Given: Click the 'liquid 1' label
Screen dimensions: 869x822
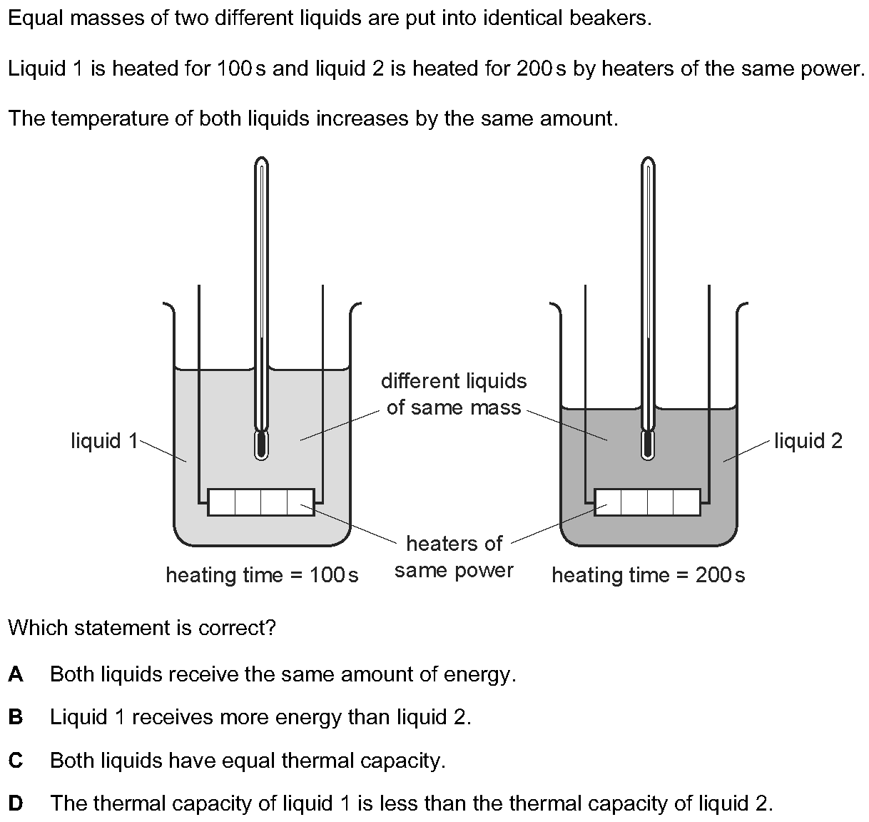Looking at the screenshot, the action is (x=104, y=441).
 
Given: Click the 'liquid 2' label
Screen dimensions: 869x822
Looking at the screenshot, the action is (x=808, y=441).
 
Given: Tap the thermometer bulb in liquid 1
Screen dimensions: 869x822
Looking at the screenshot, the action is (x=261, y=445).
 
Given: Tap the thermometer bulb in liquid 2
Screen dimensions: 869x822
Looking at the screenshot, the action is (x=648, y=445).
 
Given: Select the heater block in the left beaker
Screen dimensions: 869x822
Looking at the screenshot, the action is (x=261, y=502).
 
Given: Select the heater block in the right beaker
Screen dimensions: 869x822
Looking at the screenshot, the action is (x=648, y=502).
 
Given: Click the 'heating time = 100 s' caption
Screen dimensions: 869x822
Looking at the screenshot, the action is (x=262, y=575).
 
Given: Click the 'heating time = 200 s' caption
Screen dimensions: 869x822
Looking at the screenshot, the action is (x=649, y=575).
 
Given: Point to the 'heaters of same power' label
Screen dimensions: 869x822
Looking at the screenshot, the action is (x=454, y=557).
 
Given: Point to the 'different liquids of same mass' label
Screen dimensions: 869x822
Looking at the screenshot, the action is (x=454, y=394).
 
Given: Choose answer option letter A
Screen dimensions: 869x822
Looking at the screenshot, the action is (x=16, y=674).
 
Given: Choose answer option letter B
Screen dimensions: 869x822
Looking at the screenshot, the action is (x=16, y=717).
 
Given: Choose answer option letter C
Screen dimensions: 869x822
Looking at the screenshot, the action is (x=16, y=760).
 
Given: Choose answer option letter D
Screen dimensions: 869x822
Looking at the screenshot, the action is (x=16, y=803).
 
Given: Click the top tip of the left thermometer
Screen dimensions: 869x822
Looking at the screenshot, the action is (x=261, y=157).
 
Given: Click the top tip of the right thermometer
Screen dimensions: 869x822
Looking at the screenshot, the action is (x=648, y=157).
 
